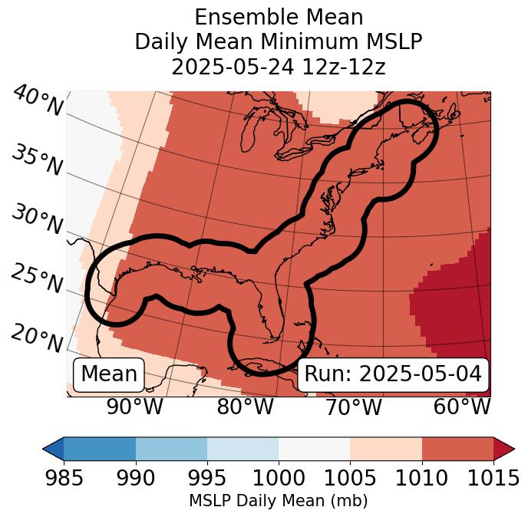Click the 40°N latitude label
tap(38, 101)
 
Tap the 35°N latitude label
tap(36, 160)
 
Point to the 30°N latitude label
tap(36, 220)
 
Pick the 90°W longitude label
tap(135, 407)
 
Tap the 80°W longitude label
tap(245, 407)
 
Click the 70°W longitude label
tap(354, 407)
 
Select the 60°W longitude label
tap(462, 407)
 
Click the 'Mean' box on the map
tap(109, 374)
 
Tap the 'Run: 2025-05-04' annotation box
tap(393, 374)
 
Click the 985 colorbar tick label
tap(64, 479)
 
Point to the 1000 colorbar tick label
tap(279, 479)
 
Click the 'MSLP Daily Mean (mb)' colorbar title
tap(279, 502)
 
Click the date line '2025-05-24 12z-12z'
tap(279, 67)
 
